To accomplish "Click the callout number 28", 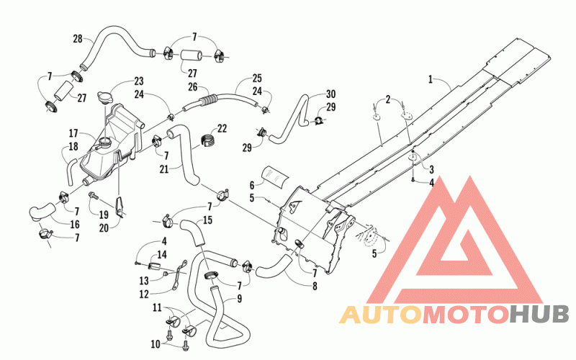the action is tap(78, 39).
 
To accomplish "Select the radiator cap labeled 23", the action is tap(104, 98).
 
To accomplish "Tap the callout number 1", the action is tap(430, 79).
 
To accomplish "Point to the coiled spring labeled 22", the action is tap(208, 140).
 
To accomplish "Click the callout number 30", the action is tap(330, 94).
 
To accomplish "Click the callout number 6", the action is tap(252, 185).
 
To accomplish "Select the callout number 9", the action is tap(240, 299).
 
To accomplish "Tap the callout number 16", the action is tap(75, 224).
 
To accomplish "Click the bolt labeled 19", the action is tap(93, 196).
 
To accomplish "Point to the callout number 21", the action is tap(164, 169).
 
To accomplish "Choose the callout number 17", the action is tap(73, 133).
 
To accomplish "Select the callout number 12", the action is tap(144, 294).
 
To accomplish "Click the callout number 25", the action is tap(257, 78).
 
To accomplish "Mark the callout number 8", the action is tap(315, 286).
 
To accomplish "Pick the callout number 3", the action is tap(431, 169).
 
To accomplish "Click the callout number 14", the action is tap(161, 255).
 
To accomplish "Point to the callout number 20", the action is tap(104, 228).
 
